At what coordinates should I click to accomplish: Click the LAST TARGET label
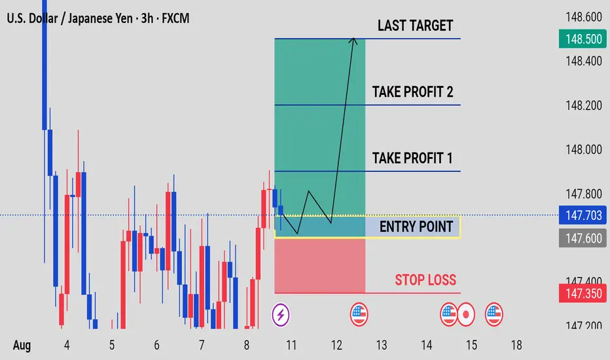pyautogui.click(x=415, y=26)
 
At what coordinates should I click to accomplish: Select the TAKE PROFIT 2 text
pyautogui.click(x=413, y=92)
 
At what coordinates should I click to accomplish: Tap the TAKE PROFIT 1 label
pyautogui.click(x=412, y=158)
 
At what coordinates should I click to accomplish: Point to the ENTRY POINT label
pyautogui.click(x=416, y=226)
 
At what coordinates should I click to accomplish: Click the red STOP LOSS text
pyautogui.click(x=425, y=280)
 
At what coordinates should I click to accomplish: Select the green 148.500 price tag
pyautogui.click(x=583, y=39)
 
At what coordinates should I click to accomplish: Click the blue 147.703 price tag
pyautogui.click(x=583, y=215)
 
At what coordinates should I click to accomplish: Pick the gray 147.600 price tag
pyautogui.click(x=583, y=238)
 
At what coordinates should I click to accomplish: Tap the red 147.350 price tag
pyautogui.click(x=583, y=293)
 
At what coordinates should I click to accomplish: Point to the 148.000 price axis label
pyautogui.click(x=584, y=149)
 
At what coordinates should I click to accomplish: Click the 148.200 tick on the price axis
pyautogui.click(x=584, y=105)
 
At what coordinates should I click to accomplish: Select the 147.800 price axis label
pyautogui.click(x=584, y=194)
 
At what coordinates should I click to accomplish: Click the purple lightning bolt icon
pyautogui.click(x=281, y=314)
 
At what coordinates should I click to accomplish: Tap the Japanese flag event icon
pyautogui.click(x=465, y=314)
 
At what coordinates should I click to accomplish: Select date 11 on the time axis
pyautogui.click(x=291, y=345)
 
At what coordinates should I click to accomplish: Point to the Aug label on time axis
pyautogui.click(x=22, y=346)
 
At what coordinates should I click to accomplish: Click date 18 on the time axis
pyautogui.click(x=516, y=345)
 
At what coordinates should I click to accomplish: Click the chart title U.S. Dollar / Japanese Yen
pyautogui.click(x=69, y=18)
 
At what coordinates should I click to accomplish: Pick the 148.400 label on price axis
pyautogui.click(x=584, y=61)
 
